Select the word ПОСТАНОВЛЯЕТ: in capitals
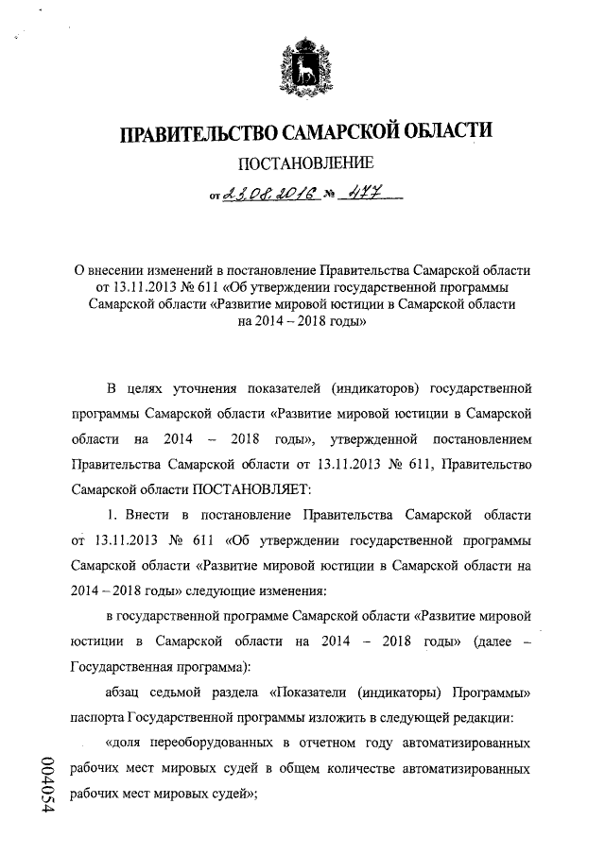tap(246, 490)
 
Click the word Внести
tap(151, 515)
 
